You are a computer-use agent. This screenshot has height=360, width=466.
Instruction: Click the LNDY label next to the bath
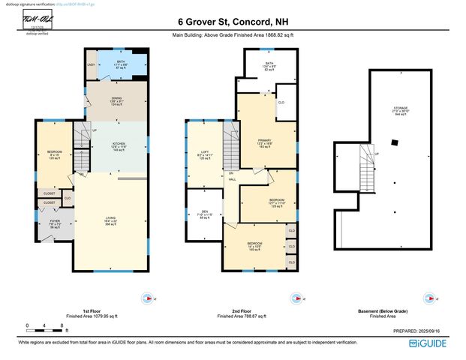pos(91,64)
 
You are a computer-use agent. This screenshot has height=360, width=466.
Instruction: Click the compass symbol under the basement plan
pos(401,298)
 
